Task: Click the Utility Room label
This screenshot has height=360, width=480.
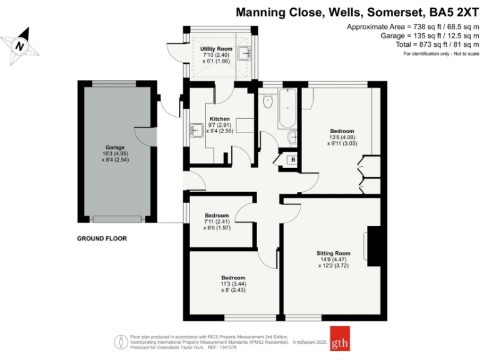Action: [x=216, y=49]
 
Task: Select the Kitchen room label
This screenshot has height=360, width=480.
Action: [x=219, y=119]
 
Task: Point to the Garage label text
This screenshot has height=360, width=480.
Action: [x=115, y=147]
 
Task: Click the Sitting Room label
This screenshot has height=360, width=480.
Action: [x=333, y=253]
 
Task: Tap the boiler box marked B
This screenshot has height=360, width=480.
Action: [x=291, y=160]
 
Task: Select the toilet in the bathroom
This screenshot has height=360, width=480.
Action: [x=269, y=101]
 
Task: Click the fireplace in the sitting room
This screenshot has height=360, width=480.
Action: [x=374, y=246]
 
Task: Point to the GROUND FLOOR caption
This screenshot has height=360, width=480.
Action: [x=102, y=238]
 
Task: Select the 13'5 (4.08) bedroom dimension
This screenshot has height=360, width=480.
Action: [x=342, y=137]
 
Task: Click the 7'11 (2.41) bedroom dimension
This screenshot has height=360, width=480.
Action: [x=216, y=221]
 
